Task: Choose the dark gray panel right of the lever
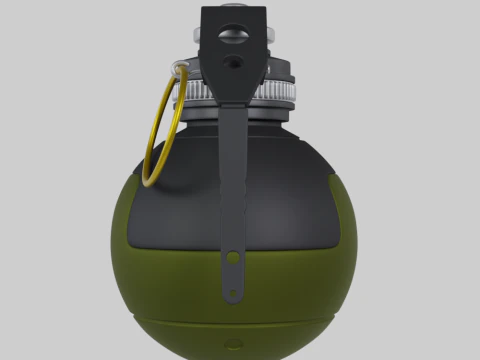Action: pos(295,190)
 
